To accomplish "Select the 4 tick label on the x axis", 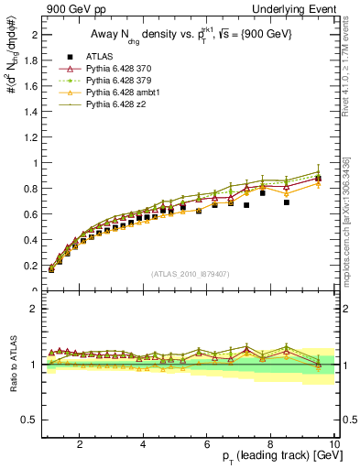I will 143,443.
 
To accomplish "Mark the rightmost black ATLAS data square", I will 318,179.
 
